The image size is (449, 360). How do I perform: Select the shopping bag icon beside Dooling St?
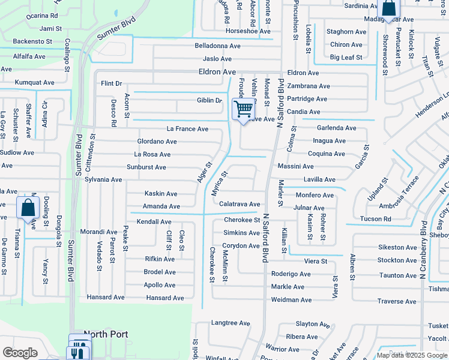pyautogui.click(x=28, y=208)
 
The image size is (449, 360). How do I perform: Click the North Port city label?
pyautogui.click(x=106, y=334)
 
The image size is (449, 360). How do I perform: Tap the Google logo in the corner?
pyautogui.click(x=20, y=353)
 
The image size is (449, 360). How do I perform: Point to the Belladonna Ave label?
pyautogui.click(x=217, y=46)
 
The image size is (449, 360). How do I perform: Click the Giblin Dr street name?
pyautogui.click(x=209, y=100)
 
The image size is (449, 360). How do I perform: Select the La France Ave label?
pyautogui.click(x=187, y=129)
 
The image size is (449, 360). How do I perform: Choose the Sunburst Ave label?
pyautogui.click(x=146, y=167)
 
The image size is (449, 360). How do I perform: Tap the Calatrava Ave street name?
pyautogui.click(x=240, y=205)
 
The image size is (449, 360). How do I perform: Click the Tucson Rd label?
pyautogui.click(x=375, y=219)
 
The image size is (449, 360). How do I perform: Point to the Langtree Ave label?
pyautogui.click(x=231, y=323)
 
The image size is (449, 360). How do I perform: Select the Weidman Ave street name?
pyautogui.click(x=292, y=300)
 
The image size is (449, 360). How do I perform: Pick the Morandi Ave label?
pyautogui.click(x=99, y=232)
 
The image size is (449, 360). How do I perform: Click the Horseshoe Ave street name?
pyautogui.click(x=248, y=31)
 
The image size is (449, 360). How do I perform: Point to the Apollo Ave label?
pyautogui.click(x=160, y=285)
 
